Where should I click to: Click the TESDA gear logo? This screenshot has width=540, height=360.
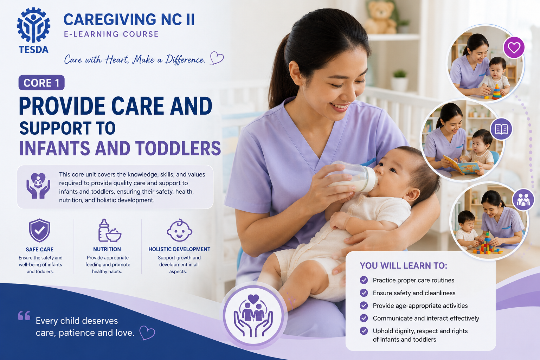[33, 25]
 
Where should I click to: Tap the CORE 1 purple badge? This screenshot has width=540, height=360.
[41, 83]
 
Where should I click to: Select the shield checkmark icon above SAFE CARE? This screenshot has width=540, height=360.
[39, 230]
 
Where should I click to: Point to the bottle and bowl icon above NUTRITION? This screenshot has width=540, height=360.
[109, 231]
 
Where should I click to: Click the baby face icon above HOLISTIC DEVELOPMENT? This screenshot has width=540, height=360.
[179, 230]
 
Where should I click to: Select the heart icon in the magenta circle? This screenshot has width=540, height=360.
[514, 47]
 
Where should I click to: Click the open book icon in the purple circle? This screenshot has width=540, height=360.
[501, 129]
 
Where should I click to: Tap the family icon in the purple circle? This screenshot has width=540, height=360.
[523, 200]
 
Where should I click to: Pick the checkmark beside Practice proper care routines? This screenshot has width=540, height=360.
[364, 280]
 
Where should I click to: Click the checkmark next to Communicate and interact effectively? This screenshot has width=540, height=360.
[364, 318]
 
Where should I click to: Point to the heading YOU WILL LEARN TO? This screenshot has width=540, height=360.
[404, 266]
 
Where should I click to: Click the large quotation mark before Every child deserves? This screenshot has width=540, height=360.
[24, 315]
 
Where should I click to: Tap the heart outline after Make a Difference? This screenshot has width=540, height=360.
[217, 58]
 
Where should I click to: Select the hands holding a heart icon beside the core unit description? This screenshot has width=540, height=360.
[38, 186]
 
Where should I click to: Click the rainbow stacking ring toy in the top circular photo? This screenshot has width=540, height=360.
[497, 92]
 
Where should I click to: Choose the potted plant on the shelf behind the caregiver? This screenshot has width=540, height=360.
[399, 81]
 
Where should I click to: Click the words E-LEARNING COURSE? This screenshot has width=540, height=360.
[111, 34]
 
